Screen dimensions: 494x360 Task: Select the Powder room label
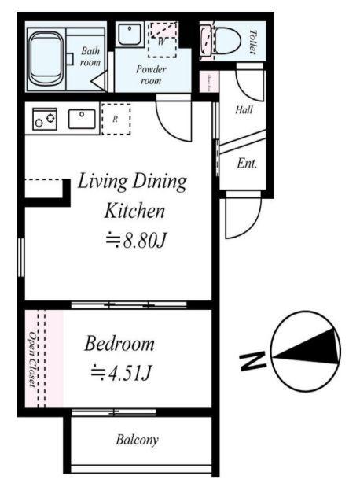pyautogui.click(x=152, y=75)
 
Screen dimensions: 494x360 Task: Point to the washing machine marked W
pyautogui.click(x=163, y=36)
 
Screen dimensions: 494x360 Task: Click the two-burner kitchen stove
pyautogui.click(x=44, y=120)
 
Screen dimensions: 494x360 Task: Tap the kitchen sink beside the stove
pyautogui.click(x=82, y=119)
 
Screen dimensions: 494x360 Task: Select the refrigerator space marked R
pyautogui.click(x=116, y=119)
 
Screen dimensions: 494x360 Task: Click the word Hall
pyautogui.click(x=244, y=110)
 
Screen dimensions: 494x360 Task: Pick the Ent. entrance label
pyautogui.click(x=247, y=164)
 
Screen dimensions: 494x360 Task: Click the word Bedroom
pyautogui.click(x=119, y=344)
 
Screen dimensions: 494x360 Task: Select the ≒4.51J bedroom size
pyautogui.click(x=120, y=370)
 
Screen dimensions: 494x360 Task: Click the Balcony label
pyautogui.click(x=138, y=440)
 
